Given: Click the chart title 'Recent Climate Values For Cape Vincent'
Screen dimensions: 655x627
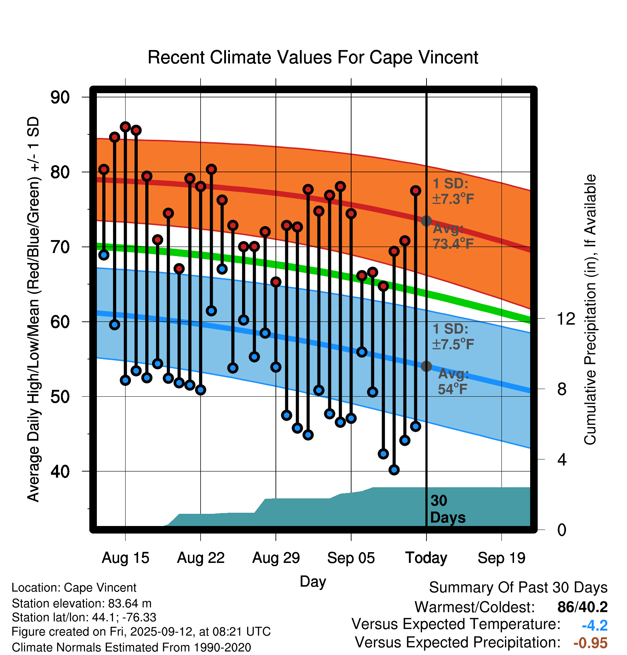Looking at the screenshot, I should click(x=313, y=58).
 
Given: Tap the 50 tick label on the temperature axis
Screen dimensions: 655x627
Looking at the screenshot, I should click(x=60, y=397).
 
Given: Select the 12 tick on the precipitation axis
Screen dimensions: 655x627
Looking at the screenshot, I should click(x=566, y=319).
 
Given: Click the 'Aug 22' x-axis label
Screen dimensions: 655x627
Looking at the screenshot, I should click(x=201, y=558).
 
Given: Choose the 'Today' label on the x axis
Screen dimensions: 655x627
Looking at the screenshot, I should click(x=426, y=558).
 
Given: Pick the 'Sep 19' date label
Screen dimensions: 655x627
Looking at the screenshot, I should click(x=501, y=558).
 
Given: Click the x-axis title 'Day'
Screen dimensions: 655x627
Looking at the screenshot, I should click(x=313, y=581).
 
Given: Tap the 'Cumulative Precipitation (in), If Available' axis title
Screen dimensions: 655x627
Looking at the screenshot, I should click(x=590, y=310).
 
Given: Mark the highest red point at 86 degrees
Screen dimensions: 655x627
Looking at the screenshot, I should click(x=125, y=126).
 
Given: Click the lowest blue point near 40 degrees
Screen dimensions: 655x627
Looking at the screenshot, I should click(x=394, y=470).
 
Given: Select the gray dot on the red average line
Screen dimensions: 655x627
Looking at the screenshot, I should click(x=426, y=221).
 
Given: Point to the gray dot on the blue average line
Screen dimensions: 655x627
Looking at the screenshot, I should click(x=426, y=366).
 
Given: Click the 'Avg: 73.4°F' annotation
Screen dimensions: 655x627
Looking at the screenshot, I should click(x=453, y=236).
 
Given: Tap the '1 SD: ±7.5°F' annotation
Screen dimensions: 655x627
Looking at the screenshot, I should click(x=453, y=336).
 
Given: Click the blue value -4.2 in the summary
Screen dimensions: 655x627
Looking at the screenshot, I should click(x=594, y=626).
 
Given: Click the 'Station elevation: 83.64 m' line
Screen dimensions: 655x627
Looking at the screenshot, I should click(x=81, y=603).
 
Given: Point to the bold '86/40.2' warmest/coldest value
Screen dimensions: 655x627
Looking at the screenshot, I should click(x=582, y=607).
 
